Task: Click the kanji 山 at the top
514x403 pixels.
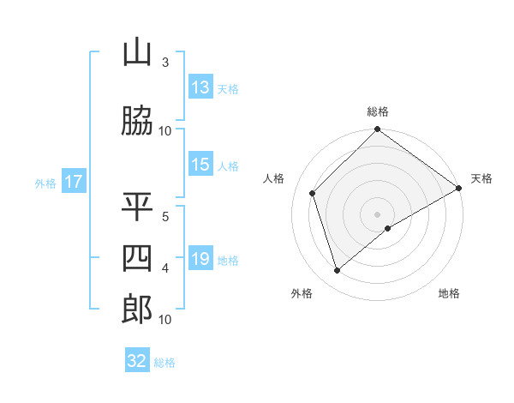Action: (x=137, y=53)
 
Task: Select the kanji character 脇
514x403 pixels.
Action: (x=137, y=122)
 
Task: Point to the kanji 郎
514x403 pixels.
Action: (x=137, y=310)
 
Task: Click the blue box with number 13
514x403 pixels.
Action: (x=200, y=87)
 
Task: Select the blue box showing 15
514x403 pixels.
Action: (x=200, y=165)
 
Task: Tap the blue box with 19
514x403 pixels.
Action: (x=200, y=259)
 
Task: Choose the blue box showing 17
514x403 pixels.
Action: (x=73, y=182)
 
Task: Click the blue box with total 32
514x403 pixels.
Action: (x=137, y=361)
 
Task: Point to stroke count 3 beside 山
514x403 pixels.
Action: (x=164, y=63)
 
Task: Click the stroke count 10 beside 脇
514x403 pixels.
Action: (x=165, y=131)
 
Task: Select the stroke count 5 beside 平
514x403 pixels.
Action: (x=164, y=217)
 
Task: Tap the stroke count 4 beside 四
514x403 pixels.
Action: (x=164, y=268)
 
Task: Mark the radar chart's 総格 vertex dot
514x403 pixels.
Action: (x=378, y=130)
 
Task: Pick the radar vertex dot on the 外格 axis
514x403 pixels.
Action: (x=338, y=271)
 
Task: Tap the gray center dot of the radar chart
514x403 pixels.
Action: (x=378, y=214)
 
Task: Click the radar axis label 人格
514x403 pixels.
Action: (x=273, y=178)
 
